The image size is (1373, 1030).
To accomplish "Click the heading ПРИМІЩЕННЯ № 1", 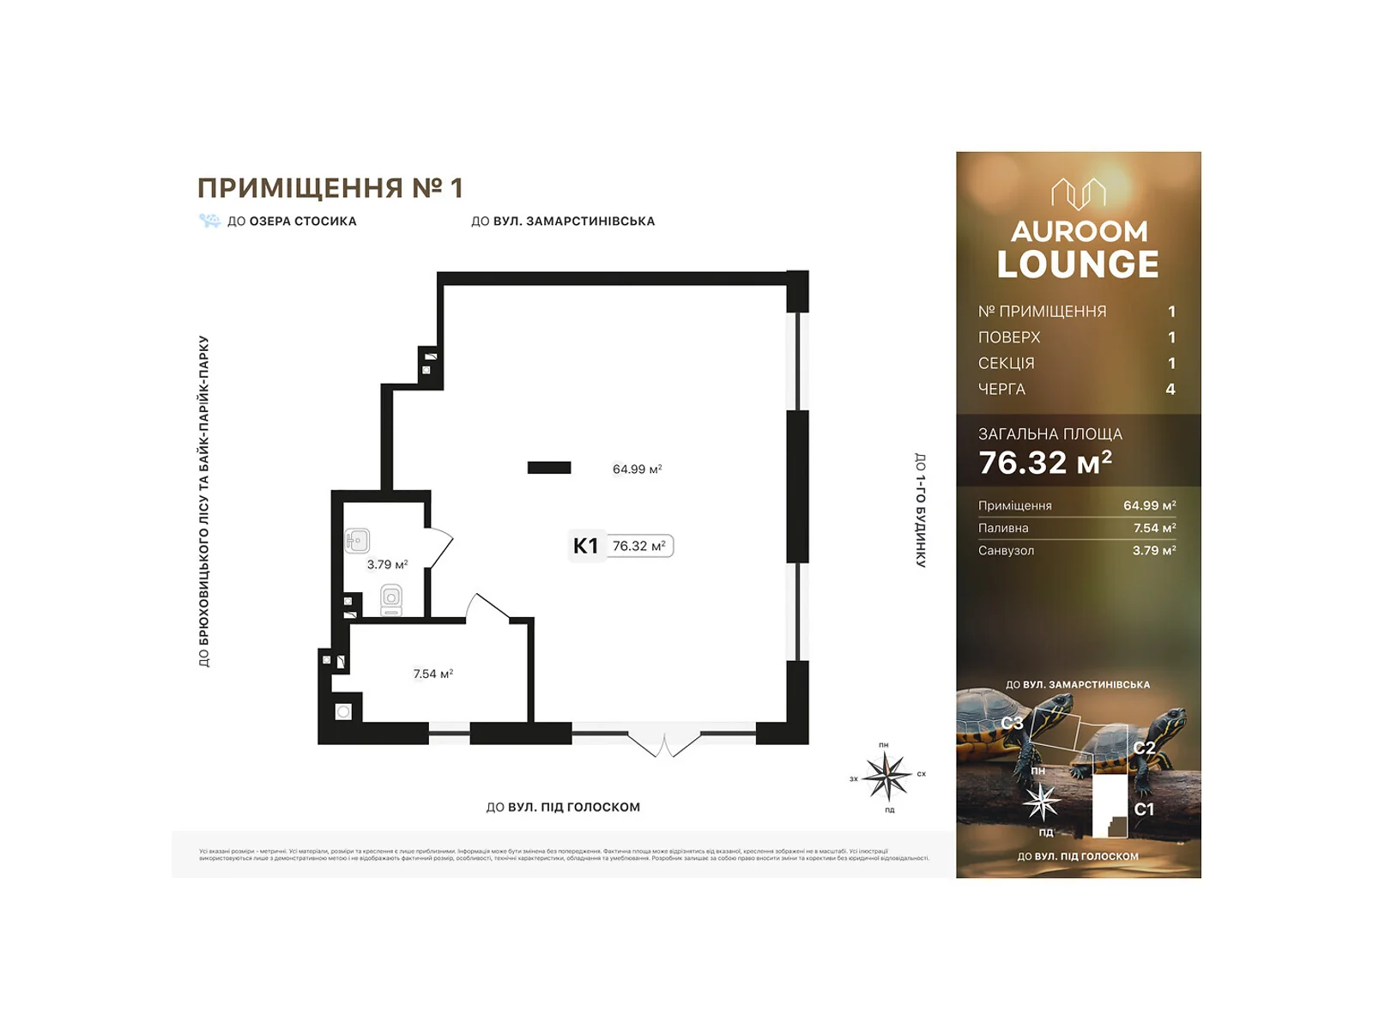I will pyautogui.click(x=330, y=188).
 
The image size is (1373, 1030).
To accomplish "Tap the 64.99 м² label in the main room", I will pyautogui.click(x=637, y=470).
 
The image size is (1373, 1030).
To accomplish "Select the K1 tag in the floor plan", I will pyautogui.click(x=585, y=546).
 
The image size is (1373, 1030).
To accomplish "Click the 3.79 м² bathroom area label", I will pyautogui.click(x=387, y=565).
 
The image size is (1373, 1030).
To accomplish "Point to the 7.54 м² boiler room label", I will pyautogui.click(x=432, y=674).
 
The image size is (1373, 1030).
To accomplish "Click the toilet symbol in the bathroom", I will pyautogui.click(x=391, y=598).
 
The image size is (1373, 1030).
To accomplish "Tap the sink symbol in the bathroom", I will pyautogui.click(x=358, y=541).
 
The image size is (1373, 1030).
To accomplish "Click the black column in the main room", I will pyautogui.click(x=549, y=468).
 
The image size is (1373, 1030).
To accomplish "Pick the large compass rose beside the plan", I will pyautogui.click(x=886, y=775).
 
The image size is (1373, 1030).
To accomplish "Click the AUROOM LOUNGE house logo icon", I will pyautogui.click(x=1079, y=194).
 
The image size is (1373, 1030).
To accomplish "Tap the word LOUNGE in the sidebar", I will pyautogui.click(x=1078, y=264).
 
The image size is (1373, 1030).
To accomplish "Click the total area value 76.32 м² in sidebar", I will pyautogui.click(x=1045, y=463).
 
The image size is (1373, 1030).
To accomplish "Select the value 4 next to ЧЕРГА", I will pyautogui.click(x=1170, y=390).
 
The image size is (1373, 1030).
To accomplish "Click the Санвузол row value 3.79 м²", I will pyautogui.click(x=1153, y=550).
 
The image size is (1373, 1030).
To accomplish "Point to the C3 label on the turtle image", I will pyautogui.click(x=1012, y=723).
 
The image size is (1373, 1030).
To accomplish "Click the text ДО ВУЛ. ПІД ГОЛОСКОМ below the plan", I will pyautogui.click(x=563, y=807).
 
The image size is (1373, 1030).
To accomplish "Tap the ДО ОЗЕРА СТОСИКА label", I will pyautogui.click(x=292, y=221).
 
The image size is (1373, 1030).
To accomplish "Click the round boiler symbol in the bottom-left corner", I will pyautogui.click(x=343, y=712).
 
